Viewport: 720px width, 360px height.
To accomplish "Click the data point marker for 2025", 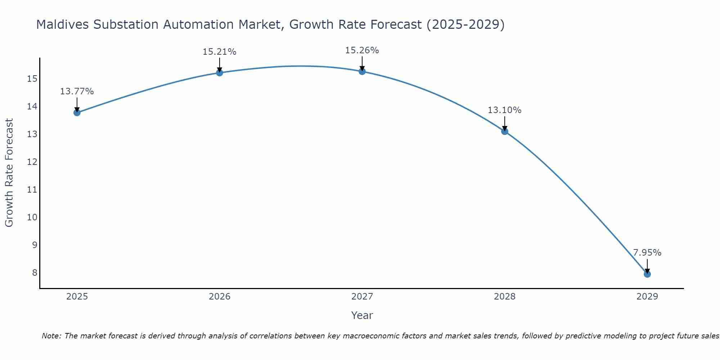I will click(x=77, y=113).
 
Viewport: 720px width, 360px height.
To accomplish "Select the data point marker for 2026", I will click(x=219, y=73).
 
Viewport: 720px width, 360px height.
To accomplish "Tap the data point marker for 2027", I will click(x=362, y=71).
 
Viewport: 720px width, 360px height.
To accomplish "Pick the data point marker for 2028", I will click(x=504, y=131).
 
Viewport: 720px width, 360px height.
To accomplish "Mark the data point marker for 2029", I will click(x=647, y=274).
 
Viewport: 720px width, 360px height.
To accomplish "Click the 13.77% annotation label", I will click(x=77, y=91).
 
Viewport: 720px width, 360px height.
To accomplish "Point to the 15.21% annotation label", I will click(x=219, y=52).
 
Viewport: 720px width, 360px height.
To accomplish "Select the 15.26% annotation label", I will click(x=362, y=50).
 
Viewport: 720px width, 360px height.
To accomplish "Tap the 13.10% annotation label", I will click(x=504, y=110).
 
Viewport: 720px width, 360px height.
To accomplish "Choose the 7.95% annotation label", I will click(x=647, y=253).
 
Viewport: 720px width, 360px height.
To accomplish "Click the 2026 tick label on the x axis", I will click(x=219, y=297).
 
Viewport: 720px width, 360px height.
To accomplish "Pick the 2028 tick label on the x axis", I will click(x=504, y=297).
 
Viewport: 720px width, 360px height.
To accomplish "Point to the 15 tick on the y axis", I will click(x=32, y=78).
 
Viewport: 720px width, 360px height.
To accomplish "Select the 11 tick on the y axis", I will click(x=32, y=189).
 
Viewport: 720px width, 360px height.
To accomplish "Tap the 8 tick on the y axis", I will click(x=35, y=273).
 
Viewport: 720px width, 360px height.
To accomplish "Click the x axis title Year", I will click(x=362, y=315).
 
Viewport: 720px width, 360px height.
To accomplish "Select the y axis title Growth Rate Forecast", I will click(x=9, y=173).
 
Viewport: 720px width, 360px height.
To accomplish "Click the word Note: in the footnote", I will click(x=52, y=336).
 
